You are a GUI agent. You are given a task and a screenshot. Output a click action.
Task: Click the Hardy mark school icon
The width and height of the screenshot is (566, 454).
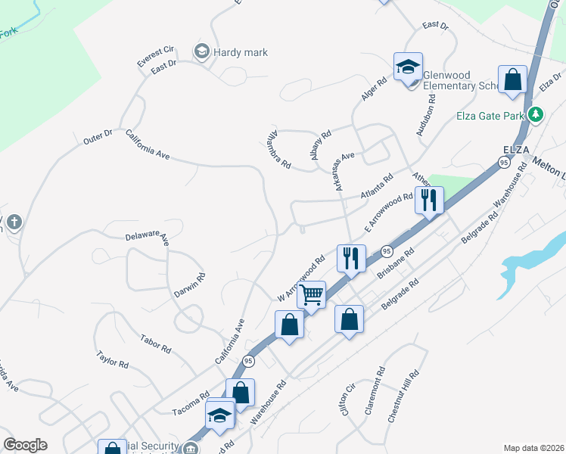tap(201, 51)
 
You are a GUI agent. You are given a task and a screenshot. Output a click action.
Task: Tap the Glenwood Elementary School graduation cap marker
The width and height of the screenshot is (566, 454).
tap(407, 67)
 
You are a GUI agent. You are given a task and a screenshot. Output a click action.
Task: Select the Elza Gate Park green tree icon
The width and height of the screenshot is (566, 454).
tap(536, 115)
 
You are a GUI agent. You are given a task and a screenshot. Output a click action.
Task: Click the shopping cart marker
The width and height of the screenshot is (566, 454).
tap(311, 294)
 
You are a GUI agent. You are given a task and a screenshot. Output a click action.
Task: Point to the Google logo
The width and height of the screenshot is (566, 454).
tap(25, 444)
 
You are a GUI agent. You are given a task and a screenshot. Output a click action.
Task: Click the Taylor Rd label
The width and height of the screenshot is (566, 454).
tap(112, 359)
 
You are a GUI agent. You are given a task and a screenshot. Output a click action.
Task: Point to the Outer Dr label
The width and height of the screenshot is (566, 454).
tap(98, 138)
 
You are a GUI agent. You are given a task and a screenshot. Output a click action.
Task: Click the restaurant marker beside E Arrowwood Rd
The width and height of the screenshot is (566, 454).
tap(429, 201)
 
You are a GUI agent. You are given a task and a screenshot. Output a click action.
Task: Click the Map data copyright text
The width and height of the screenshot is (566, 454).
tap(533, 447)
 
